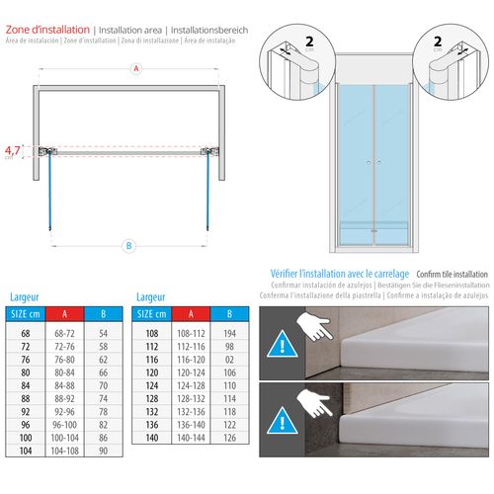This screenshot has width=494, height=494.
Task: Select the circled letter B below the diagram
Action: coord(128,245)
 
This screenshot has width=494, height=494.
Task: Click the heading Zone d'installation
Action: coord(45,31)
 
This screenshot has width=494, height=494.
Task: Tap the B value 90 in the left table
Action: coord(102,450)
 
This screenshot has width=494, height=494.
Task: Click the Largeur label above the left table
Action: coord(25,295)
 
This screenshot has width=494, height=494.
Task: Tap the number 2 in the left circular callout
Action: coord(312,42)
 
